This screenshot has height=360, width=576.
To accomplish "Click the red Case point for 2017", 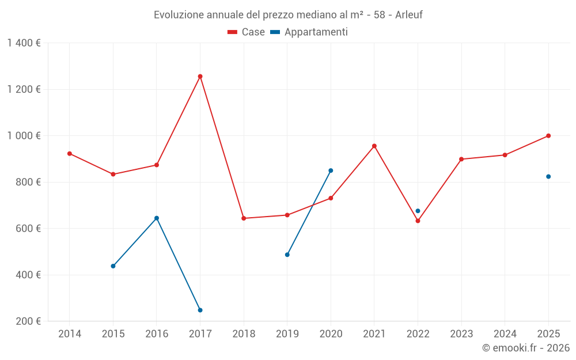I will pos(200,76).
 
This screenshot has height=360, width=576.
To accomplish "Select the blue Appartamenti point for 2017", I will pos(200,310).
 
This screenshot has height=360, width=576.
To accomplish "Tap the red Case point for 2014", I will pos(70,154).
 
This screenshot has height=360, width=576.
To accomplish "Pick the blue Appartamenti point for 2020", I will pos(331,170).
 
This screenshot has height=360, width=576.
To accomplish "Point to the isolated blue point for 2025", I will pos(548,176).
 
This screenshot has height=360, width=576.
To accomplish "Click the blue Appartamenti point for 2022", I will pos(418,211).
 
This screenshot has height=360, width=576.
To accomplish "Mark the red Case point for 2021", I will pos(374,146).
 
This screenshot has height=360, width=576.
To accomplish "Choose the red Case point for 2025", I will pos(548,136).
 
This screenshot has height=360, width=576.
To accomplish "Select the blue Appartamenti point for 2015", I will pos(113,266).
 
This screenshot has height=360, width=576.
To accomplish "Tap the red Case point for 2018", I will pos(244,218).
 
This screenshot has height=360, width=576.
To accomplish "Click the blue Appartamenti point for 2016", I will pos(157,218).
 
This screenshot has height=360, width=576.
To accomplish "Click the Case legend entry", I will pos(247,32).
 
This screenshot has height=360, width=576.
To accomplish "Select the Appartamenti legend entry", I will pos(309,32).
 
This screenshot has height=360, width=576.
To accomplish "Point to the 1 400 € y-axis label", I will pos(24,43).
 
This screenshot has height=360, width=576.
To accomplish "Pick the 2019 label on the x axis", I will pos(287,334).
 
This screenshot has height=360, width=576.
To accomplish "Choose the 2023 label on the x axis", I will pos(461,334).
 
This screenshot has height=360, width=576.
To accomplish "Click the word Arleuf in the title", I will pos(408,15).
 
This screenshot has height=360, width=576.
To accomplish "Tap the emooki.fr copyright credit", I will pos(526,348).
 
